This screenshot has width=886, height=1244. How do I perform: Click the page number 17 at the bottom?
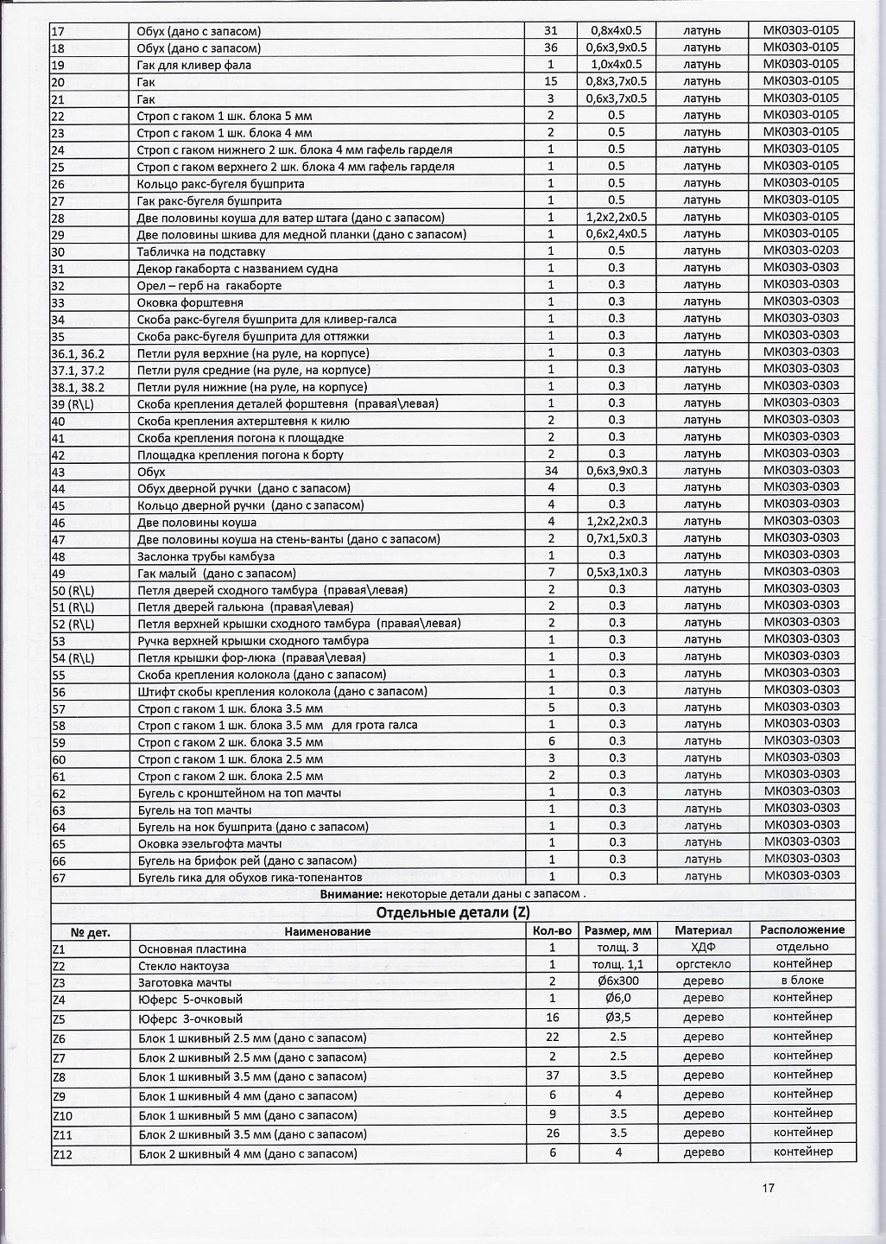tap(769, 1187)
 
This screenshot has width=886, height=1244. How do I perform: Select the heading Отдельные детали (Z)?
tap(452, 913)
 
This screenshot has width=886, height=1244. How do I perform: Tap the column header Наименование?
tap(327, 931)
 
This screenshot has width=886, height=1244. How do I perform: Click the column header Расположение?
tap(802, 930)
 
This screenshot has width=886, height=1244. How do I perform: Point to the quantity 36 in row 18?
tap(551, 48)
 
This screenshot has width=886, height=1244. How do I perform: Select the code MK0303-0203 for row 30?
tap(801, 251)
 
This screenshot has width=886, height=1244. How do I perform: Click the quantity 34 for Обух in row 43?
tap(551, 471)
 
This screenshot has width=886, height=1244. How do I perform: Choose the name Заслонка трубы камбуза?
tap(206, 556)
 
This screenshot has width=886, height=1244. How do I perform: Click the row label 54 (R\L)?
tap(73, 657)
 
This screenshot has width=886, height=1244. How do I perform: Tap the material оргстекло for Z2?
tap(703, 964)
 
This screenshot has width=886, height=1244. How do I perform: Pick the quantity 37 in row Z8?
tap(551, 1076)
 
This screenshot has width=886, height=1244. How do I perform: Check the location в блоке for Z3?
tap(802, 981)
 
